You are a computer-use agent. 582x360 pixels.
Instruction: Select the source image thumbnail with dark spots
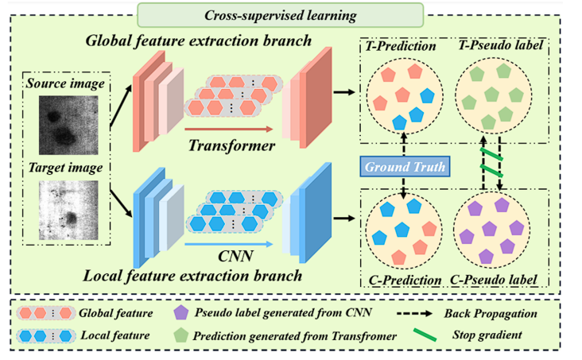[68, 122]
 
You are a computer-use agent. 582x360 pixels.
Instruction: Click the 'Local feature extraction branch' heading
[193, 277]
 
